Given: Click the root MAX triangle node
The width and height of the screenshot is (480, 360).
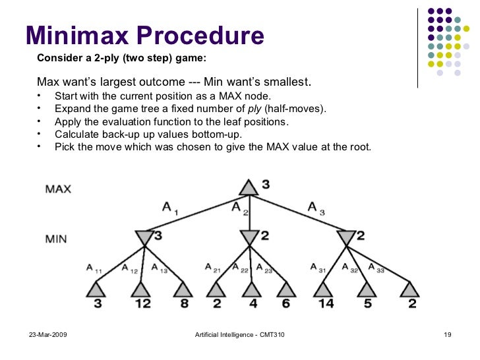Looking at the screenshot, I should tap(249, 187).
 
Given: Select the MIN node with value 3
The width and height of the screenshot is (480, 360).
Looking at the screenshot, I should tap(144, 237).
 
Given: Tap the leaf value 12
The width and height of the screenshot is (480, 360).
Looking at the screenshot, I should tap(142, 304).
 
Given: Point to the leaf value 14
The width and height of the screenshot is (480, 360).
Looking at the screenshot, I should tap(325, 304).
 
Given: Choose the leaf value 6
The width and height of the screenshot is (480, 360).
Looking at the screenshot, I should tap(285, 304).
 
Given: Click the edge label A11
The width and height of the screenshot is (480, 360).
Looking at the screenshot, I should tap(93, 268).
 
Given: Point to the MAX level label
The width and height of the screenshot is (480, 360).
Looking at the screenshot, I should tap(58, 189).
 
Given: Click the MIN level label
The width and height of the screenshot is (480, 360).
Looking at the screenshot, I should tap(56, 238).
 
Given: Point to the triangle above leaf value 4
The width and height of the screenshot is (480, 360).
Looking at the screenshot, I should tap(250, 289).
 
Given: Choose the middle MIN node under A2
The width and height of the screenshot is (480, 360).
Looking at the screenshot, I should tap(249, 237).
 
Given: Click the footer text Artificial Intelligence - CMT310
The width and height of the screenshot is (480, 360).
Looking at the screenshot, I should tap(240, 337).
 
